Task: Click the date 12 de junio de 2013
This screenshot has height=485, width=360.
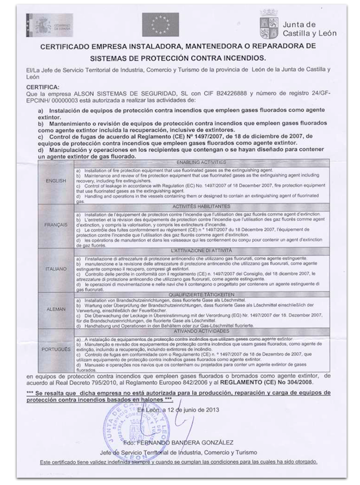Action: point(189,410)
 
